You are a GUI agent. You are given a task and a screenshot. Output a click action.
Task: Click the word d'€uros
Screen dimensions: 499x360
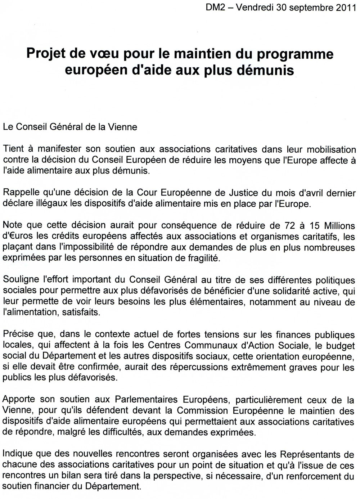point(17,237)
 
